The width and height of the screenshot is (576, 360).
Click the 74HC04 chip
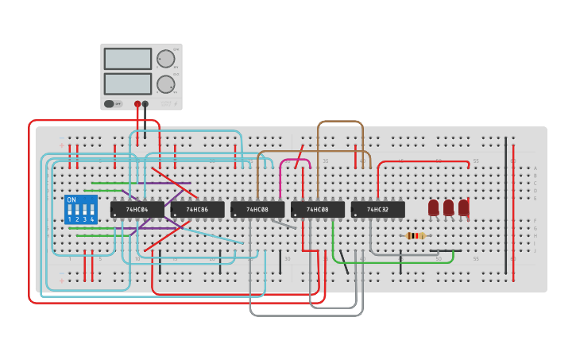[x=137, y=210]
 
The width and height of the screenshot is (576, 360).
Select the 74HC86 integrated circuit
[x=197, y=210]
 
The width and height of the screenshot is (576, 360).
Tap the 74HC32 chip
[x=377, y=210]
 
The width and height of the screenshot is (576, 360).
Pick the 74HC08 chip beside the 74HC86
[x=257, y=210]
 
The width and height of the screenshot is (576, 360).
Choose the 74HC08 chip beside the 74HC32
[x=318, y=210]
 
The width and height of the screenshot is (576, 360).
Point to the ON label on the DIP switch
[x=72, y=199]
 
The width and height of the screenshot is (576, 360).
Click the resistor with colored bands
[x=415, y=235]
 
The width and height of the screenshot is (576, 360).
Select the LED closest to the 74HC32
[x=433, y=207]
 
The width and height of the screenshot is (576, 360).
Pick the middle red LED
[x=448, y=207]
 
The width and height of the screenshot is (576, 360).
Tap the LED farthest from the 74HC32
[x=463, y=207]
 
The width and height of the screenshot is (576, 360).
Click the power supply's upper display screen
[x=127, y=59]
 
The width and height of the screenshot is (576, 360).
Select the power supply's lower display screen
[x=127, y=83]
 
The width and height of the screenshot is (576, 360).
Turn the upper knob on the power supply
[x=165, y=59]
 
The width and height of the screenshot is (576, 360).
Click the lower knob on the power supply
[x=165, y=84]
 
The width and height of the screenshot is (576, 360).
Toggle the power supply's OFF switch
[x=114, y=103]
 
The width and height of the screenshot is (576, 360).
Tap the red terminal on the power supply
[x=137, y=103]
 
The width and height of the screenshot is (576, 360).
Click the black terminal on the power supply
[x=145, y=103]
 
